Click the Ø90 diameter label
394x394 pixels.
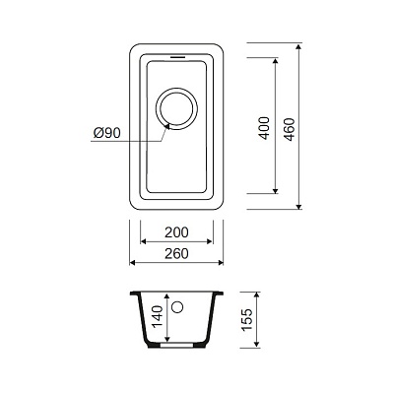coord(107,133)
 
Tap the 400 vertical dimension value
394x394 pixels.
coord(264,128)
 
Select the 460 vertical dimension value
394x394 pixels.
coord(290,129)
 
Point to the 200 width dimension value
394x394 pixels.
coord(176,232)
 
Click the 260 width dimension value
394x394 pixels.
coord(176,253)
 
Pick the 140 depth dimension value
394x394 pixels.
coord(158,317)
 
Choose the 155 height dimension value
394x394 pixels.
coord(247,320)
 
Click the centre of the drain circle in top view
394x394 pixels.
coord(177,108)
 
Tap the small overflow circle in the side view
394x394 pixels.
coord(177,307)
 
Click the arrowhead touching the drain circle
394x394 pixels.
coord(166,126)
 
